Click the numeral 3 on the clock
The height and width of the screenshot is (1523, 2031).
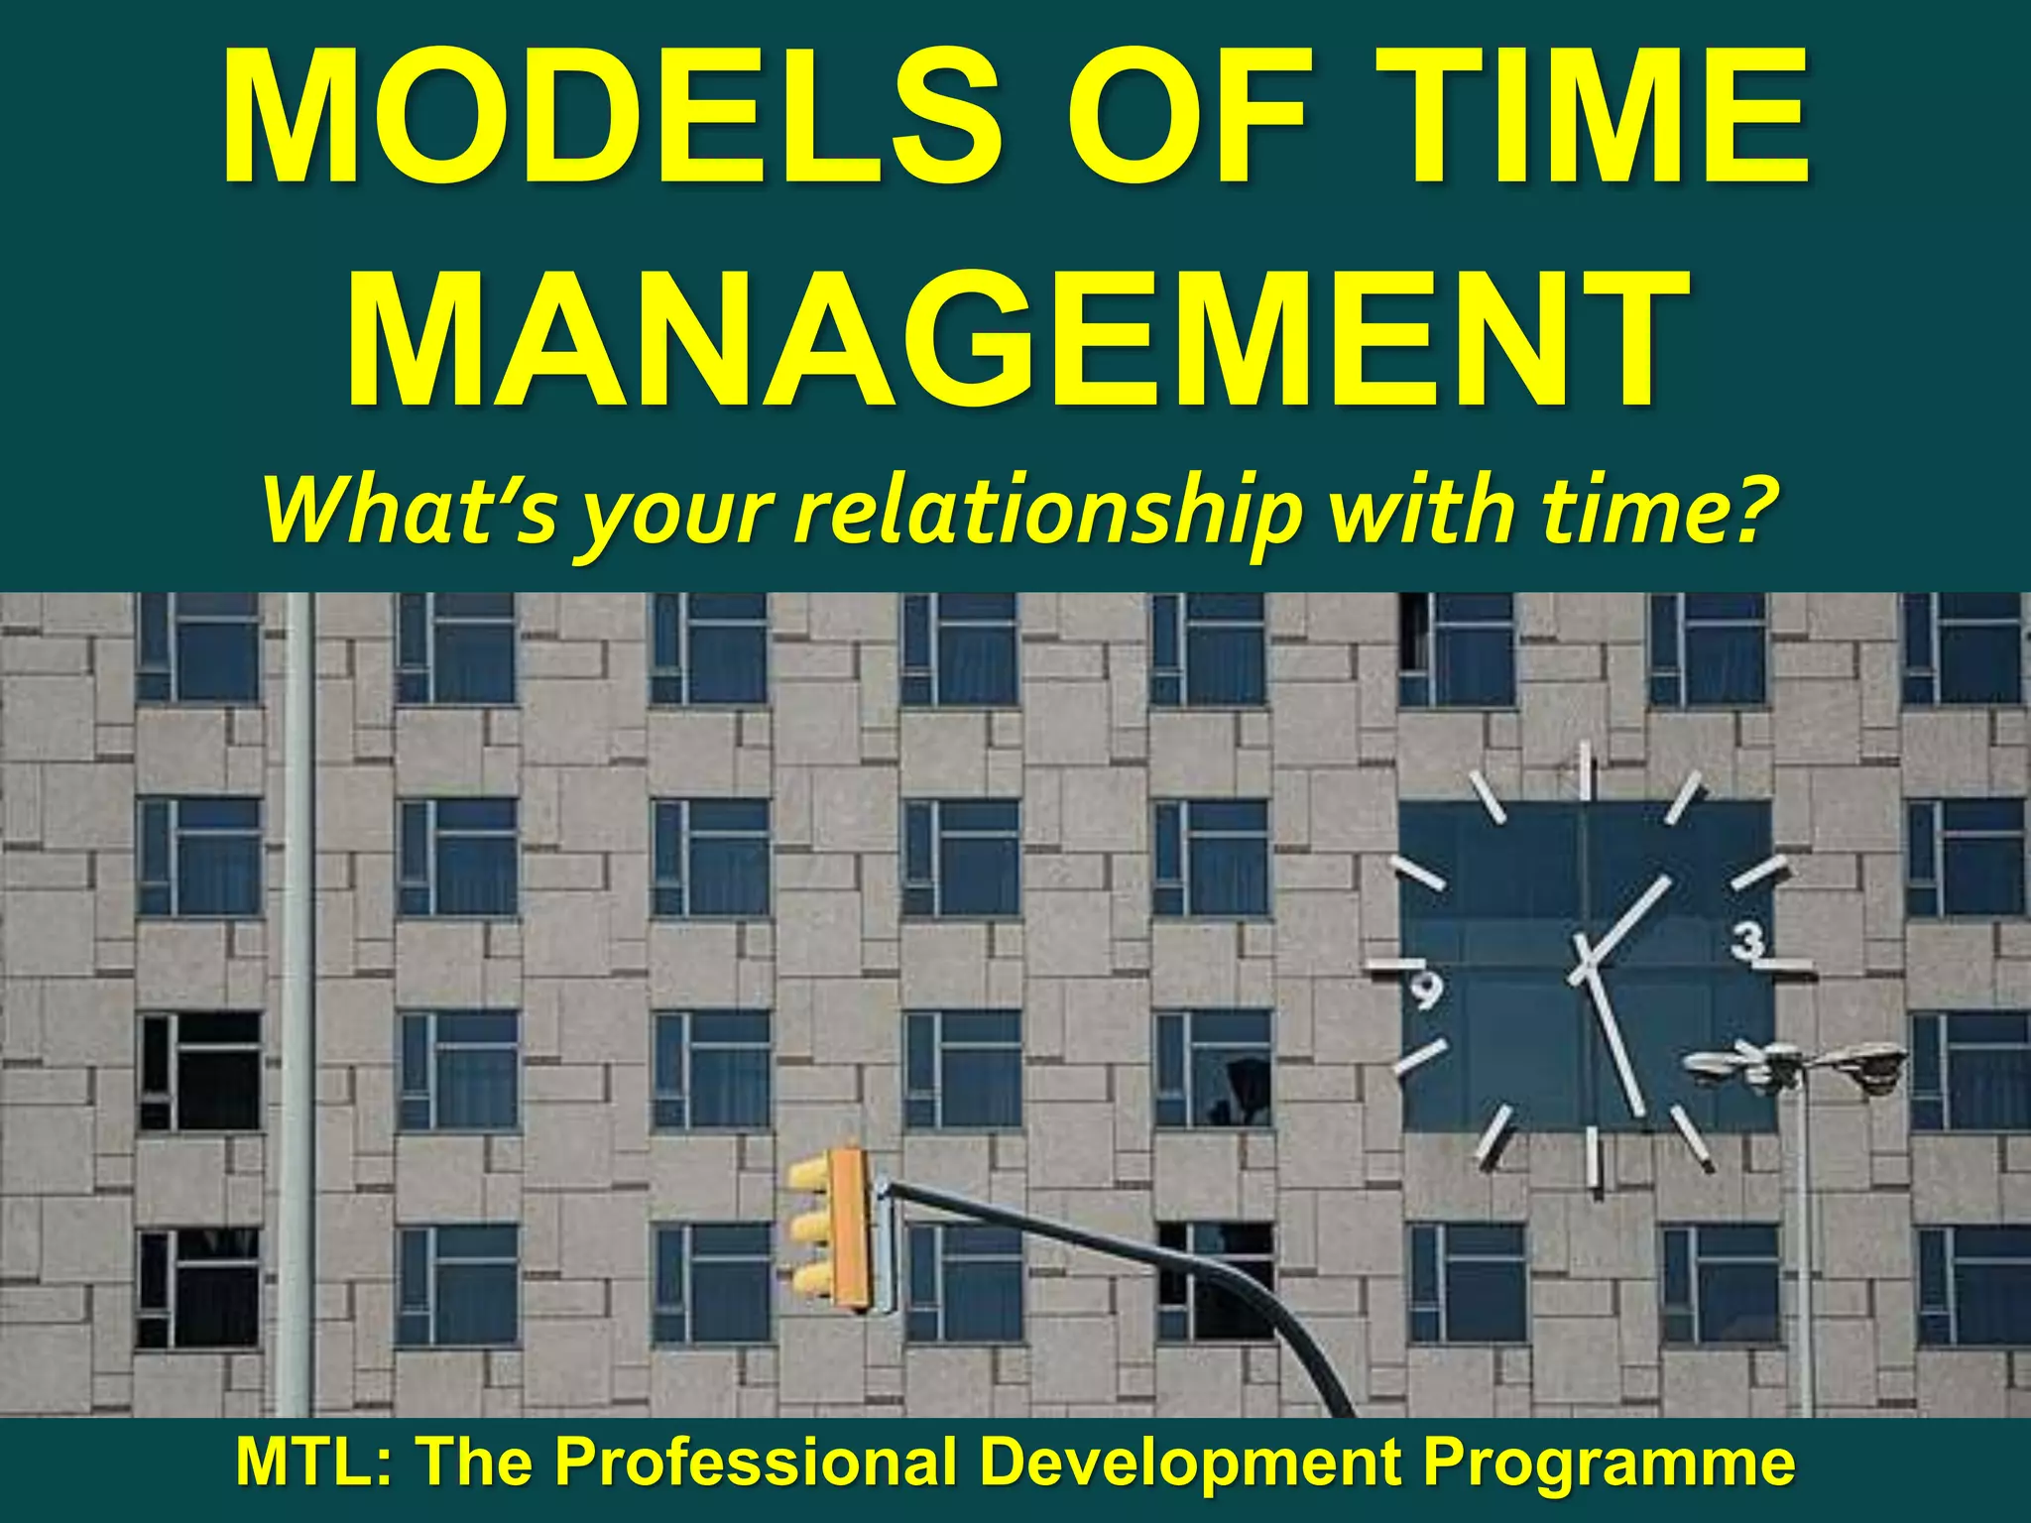(1748, 940)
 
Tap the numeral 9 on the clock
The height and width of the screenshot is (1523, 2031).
(1426, 989)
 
